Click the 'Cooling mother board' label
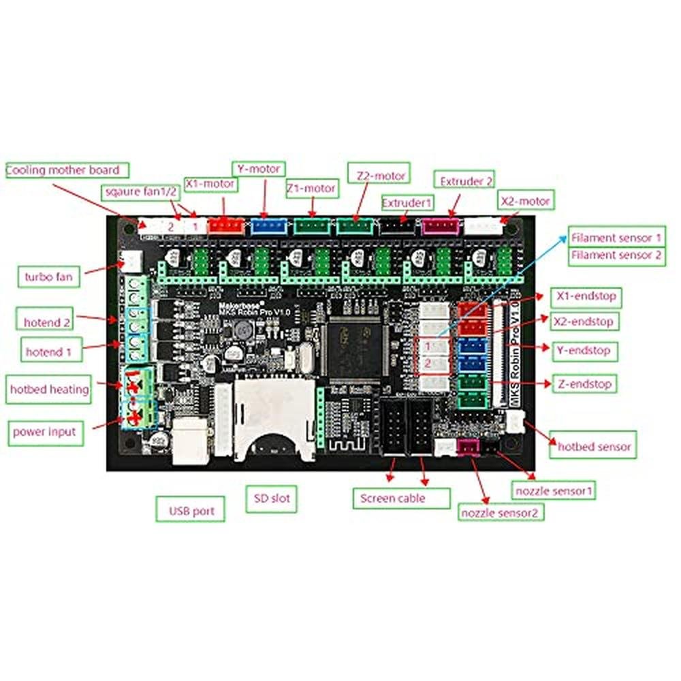[x=63, y=170]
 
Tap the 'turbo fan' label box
[x=48, y=276]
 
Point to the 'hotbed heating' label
[x=49, y=390]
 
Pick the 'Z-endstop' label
[x=583, y=383]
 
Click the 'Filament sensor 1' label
[x=616, y=238]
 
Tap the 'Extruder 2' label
[x=466, y=182]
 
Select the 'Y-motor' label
[x=258, y=168]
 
